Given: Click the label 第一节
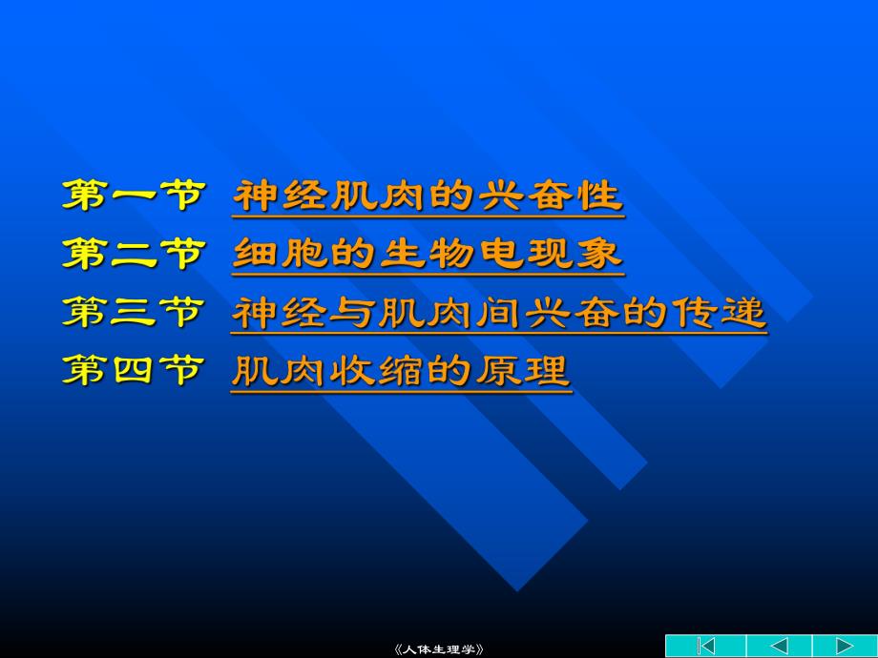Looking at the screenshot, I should point(134,195).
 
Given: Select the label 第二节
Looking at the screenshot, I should point(134,254).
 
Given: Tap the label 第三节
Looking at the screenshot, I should point(134,312).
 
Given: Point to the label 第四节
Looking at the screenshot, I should point(134,370).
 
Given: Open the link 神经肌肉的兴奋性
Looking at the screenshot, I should point(429,196).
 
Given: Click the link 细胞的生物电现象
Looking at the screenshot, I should point(429,255).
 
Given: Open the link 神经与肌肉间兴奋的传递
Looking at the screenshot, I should point(499,313).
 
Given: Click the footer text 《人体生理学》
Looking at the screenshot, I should point(439,649).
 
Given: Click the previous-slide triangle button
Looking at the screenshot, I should point(779,646).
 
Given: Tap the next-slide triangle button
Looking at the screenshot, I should point(845,646).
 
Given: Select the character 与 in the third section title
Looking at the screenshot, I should point(358,313).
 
